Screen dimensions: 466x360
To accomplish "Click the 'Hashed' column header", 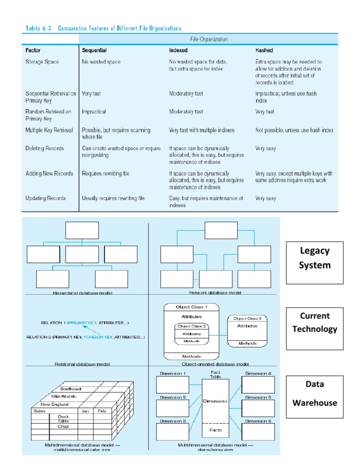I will (x=264, y=50).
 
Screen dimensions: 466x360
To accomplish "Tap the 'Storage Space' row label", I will (x=42, y=61).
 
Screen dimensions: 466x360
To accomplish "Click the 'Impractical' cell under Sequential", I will (x=94, y=112).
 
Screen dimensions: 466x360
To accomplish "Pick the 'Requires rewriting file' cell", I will (x=105, y=173).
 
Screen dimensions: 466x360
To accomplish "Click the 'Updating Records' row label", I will (x=45, y=198).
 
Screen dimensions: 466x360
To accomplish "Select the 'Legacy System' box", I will (x=315, y=258).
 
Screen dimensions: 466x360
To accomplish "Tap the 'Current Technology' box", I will (x=315, y=323).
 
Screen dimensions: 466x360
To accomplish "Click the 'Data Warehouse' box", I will (x=315, y=393).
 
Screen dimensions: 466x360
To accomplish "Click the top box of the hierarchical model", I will (x=82, y=230).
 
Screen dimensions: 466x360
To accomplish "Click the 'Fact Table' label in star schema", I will (x=216, y=375).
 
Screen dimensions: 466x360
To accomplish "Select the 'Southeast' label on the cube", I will (x=71, y=389).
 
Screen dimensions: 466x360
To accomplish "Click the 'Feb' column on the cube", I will (x=102, y=411).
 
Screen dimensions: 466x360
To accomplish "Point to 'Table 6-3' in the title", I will (x=38, y=28).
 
